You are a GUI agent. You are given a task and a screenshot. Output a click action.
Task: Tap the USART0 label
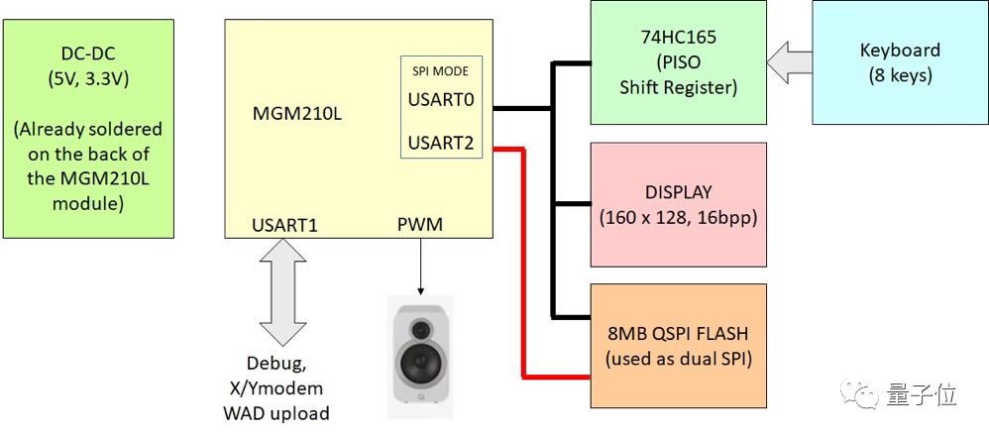coord(441,100)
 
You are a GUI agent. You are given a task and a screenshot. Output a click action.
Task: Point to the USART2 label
coord(441,144)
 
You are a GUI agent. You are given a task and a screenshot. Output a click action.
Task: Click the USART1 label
coord(285,225)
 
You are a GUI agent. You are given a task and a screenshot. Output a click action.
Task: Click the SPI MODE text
coord(440,71)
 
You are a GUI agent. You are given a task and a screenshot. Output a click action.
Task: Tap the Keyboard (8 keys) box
coord(899,61)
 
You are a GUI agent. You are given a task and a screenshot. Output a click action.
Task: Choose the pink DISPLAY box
coord(678,204)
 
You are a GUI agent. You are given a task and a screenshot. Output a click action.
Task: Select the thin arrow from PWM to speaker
coord(419,266)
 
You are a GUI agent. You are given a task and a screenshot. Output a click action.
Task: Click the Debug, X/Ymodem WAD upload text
coord(285,389)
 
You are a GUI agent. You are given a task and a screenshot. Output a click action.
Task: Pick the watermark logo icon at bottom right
coord(858,395)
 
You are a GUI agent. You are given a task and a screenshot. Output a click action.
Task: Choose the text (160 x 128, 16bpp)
coord(678,217)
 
